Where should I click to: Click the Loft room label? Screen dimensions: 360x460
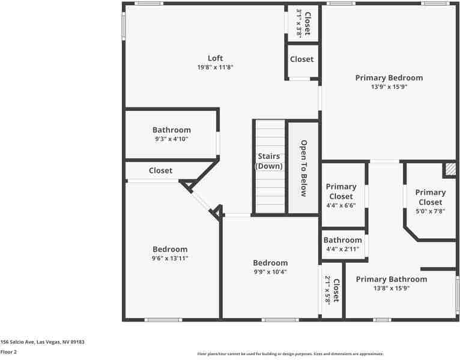pyautogui.click(x=215, y=58)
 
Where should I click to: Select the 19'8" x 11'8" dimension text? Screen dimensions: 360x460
pyautogui.click(x=215, y=68)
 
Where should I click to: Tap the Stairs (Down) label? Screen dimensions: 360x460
pyautogui.click(x=269, y=161)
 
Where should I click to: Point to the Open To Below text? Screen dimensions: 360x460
pyautogui.click(x=304, y=168)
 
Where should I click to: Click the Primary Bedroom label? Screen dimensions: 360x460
pyautogui.click(x=389, y=77)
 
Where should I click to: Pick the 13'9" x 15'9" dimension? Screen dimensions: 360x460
pyautogui.click(x=389, y=87)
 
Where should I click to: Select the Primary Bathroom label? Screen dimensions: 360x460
pyautogui.click(x=391, y=279)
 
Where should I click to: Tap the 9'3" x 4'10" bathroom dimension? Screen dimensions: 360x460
pyautogui.click(x=171, y=139)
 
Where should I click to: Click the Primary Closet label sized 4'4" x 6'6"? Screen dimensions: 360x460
pyautogui.click(x=341, y=191)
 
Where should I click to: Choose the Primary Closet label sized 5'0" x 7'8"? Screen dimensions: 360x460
pyautogui.click(x=431, y=197)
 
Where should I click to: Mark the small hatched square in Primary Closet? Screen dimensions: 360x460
pyautogui.click(x=450, y=170)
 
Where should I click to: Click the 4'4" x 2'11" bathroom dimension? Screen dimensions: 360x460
pyautogui.click(x=342, y=249)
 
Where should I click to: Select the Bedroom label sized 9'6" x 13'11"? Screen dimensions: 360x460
pyautogui.click(x=170, y=249)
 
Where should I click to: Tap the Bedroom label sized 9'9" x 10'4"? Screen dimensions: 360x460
pyautogui.click(x=270, y=263)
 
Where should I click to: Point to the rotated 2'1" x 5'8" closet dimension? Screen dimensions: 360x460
pyautogui.click(x=328, y=290)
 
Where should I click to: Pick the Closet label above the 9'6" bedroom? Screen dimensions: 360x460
pyautogui.click(x=160, y=170)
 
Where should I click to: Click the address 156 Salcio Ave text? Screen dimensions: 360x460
pyautogui.click(x=42, y=342)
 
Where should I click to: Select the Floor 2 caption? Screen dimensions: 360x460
pyautogui.click(x=9, y=352)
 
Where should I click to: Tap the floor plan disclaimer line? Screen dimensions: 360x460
pyautogui.click(x=290, y=354)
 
